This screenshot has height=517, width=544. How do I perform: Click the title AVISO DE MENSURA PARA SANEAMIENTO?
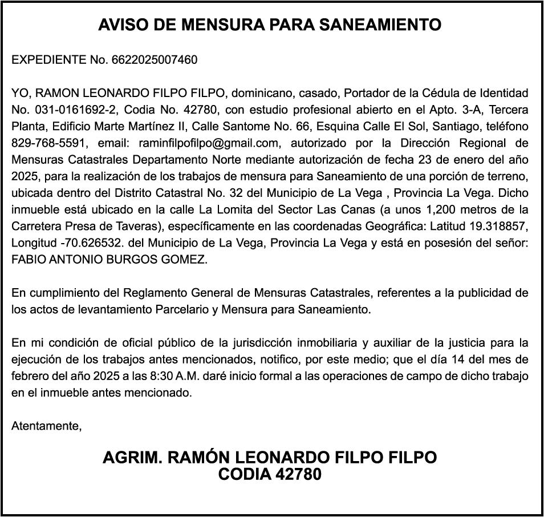pos(270,25)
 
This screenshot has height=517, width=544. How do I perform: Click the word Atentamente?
pos(46,426)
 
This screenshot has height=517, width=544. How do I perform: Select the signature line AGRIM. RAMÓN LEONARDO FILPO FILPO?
pos(270,458)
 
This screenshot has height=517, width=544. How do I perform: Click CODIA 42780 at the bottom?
pos(270,474)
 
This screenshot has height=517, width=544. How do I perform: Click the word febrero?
pos(30,377)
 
